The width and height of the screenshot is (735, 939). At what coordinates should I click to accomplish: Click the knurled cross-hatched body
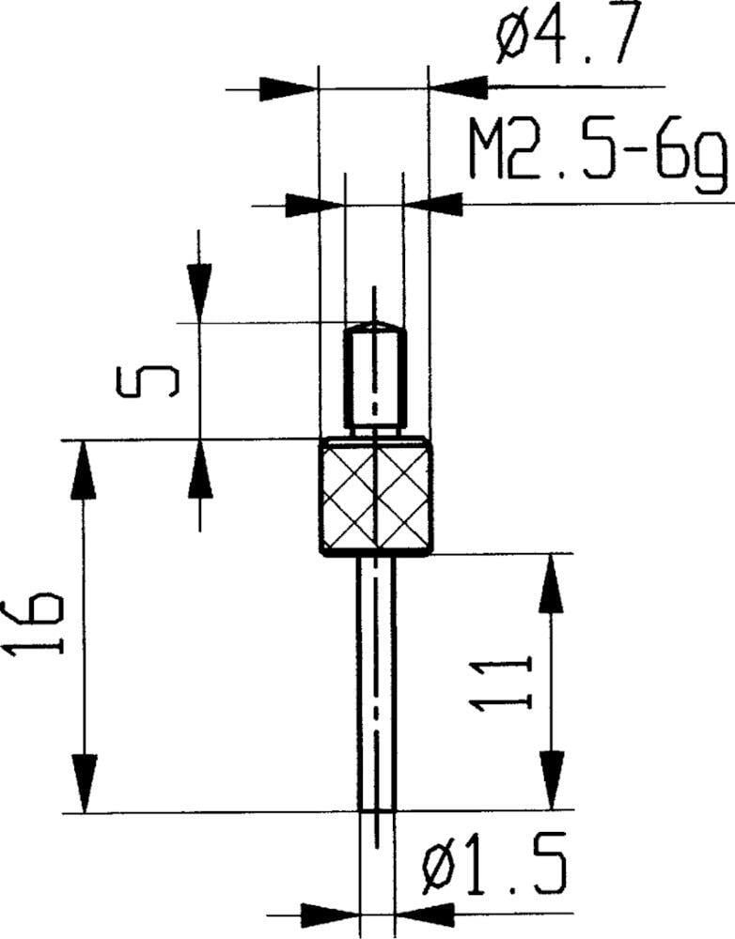[376, 498]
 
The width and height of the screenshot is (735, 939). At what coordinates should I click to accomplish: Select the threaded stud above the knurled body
[375, 380]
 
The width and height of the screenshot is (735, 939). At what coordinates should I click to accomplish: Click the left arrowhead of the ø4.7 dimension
[290, 89]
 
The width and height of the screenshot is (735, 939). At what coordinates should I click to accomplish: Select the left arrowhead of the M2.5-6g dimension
[315, 203]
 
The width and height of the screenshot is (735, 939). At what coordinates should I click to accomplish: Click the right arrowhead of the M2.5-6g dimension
[431, 203]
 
